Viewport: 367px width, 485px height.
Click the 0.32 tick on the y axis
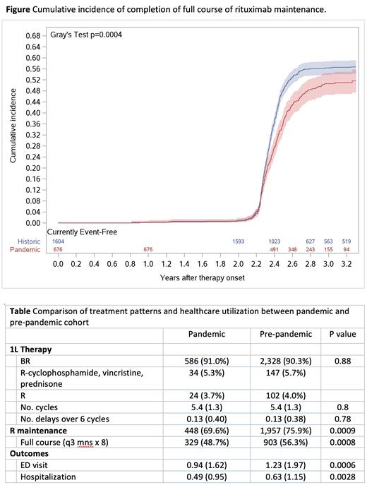(x=33, y=134)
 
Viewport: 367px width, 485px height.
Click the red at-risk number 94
(x=346, y=249)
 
